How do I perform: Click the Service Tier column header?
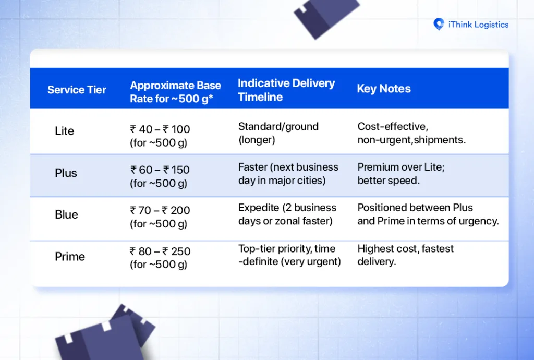(x=77, y=90)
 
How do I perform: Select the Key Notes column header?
(x=383, y=89)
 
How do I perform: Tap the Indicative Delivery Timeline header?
(x=286, y=90)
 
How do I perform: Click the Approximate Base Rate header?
(x=175, y=92)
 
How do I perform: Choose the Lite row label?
(x=64, y=131)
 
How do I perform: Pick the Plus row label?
(x=66, y=173)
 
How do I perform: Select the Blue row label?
(x=66, y=214)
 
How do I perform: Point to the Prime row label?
(x=70, y=257)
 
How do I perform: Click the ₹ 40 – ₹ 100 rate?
(x=160, y=129)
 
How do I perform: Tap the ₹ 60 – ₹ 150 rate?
(x=160, y=170)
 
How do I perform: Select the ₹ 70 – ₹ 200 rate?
(x=160, y=210)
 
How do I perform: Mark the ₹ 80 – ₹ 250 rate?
(x=160, y=251)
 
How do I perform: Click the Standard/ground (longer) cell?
(x=278, y=133)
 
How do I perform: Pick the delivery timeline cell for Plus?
(x=288, y=174)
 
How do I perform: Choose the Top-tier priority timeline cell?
(x=289, y=255)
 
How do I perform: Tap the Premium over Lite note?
(x=401, y=174)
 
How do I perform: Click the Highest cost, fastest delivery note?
(x=405, y=255)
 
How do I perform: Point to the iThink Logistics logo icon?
(x=439, y=24)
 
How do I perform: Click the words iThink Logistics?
(x=478, y=25)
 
